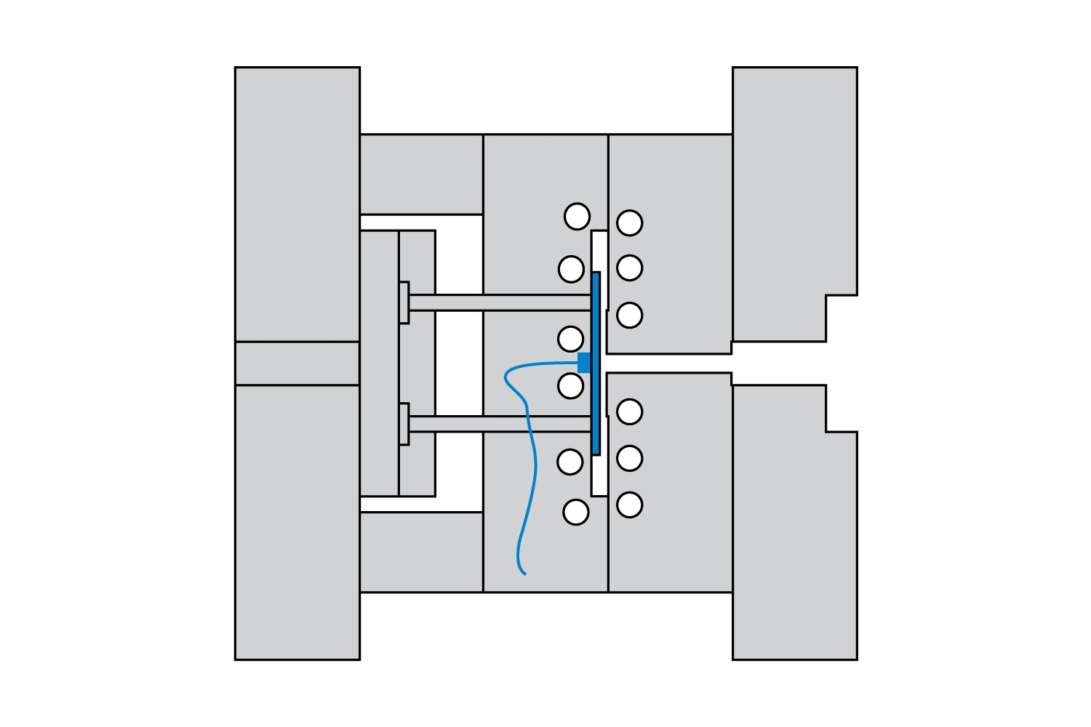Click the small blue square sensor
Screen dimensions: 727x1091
[x=584, y=362]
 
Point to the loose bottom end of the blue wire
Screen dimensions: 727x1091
[x=524, y=573]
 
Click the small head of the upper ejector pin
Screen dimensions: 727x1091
[x=404, y=302]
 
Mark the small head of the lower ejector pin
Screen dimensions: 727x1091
[x=404, y=424]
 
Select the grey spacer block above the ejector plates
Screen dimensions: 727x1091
[x=421, y=174]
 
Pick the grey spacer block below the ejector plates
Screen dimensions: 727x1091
[x=421, y=553]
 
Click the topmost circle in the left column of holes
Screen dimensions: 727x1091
[x=577, y=217]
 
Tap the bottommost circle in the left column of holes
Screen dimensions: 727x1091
[x=575, y=512]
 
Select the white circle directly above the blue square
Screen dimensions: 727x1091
[x=570, y=339]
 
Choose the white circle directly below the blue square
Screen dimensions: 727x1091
[x=570, y=386]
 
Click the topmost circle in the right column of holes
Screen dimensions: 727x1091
[x=629, y=223]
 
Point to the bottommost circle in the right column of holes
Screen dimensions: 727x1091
[x=629, y=505]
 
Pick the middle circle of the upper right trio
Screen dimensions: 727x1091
[x=629, y=268]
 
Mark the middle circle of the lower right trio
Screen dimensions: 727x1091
[x=629, y=458]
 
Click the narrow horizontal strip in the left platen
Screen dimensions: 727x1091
[x=297, y=363]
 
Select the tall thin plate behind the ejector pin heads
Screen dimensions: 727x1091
[x=379, y=363]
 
